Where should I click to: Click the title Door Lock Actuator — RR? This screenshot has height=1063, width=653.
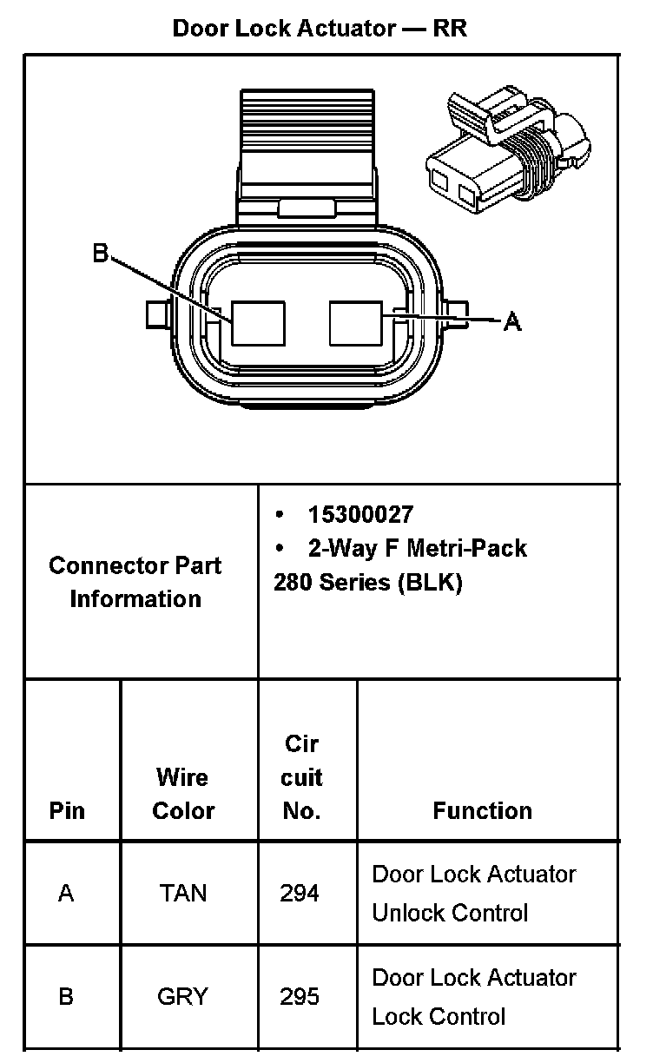tap(320, 28)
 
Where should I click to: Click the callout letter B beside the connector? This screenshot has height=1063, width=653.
tap(101, 253)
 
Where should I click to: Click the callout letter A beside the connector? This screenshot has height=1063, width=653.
tap(512, 322)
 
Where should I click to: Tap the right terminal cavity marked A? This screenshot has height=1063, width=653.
tap(355, 324)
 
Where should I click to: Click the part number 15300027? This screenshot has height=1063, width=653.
tap(360, 515)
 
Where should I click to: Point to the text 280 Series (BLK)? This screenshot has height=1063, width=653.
tap(368, 582)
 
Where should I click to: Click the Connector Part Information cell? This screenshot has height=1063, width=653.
tap(135, 582)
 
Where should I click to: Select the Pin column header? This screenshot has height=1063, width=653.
tap(67, 810)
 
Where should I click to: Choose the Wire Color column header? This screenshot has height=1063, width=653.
tap(183, 794)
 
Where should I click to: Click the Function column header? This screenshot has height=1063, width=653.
tap(482, 810)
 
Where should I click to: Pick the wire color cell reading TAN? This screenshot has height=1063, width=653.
tap(183, 893)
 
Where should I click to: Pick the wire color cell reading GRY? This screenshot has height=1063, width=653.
tap(183, 996)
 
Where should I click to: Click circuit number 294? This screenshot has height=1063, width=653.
tap(300, 893)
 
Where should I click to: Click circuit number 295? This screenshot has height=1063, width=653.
tap(300, 996)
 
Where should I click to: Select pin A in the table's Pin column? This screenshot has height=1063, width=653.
tap(66, 893)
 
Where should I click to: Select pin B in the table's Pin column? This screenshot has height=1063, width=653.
tap(66, 996)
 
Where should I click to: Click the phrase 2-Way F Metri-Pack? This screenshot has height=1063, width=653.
tap(417, 549)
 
